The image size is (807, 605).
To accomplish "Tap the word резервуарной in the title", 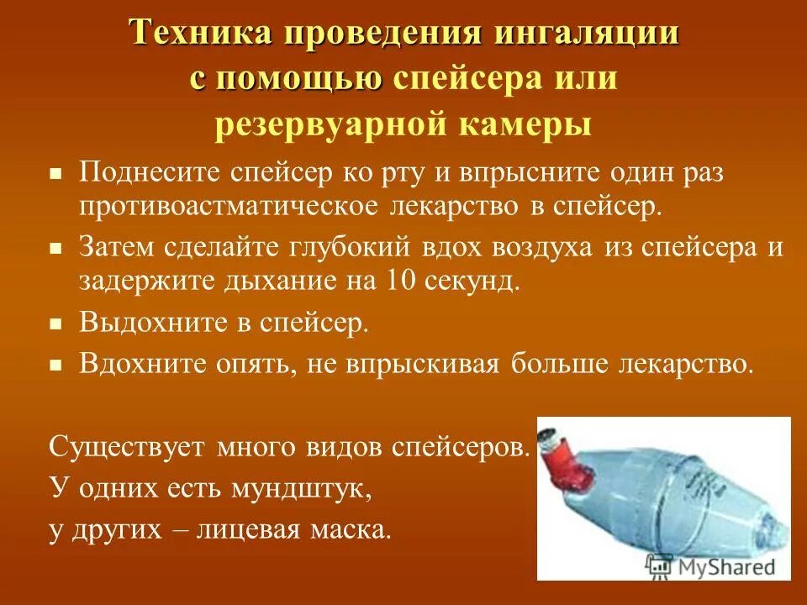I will [327, 124].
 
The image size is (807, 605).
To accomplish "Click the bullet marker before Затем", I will [55, 250].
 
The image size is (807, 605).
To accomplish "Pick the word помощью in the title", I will [299, 79].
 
